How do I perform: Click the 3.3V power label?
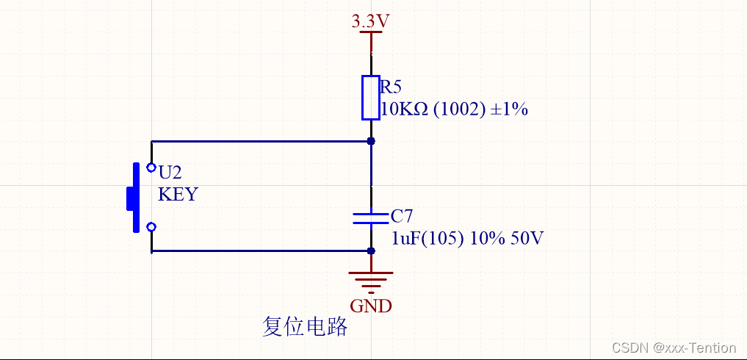(x=370, y=21)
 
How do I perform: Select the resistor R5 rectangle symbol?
(x=371, y=97)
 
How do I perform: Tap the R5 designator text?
(x=390, y=87)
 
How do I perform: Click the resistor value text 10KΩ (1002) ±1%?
(x=454, y=110)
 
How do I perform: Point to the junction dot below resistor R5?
(x=371, y=141)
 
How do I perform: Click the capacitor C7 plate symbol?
(x=371, y=217)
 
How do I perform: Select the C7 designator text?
(x=402, y=216)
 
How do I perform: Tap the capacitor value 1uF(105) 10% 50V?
(x=467, y=239)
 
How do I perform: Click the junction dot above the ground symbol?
(x=371, y=251)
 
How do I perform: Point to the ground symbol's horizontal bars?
(x=371, y=280)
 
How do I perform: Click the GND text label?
(x=371, y=306)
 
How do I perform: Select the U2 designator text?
(x=170, y=173)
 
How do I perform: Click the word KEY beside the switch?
(x=178, y=195)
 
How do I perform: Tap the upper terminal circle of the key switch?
(x=151, y=168)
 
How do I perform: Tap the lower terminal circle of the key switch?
(x=151, y=227)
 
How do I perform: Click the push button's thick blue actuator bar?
(x=135, y=198)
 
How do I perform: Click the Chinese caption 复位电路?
(x=305, y=327)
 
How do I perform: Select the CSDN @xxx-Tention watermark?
(x=674, y=348)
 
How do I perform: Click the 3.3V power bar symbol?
(x=371, y=32)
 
